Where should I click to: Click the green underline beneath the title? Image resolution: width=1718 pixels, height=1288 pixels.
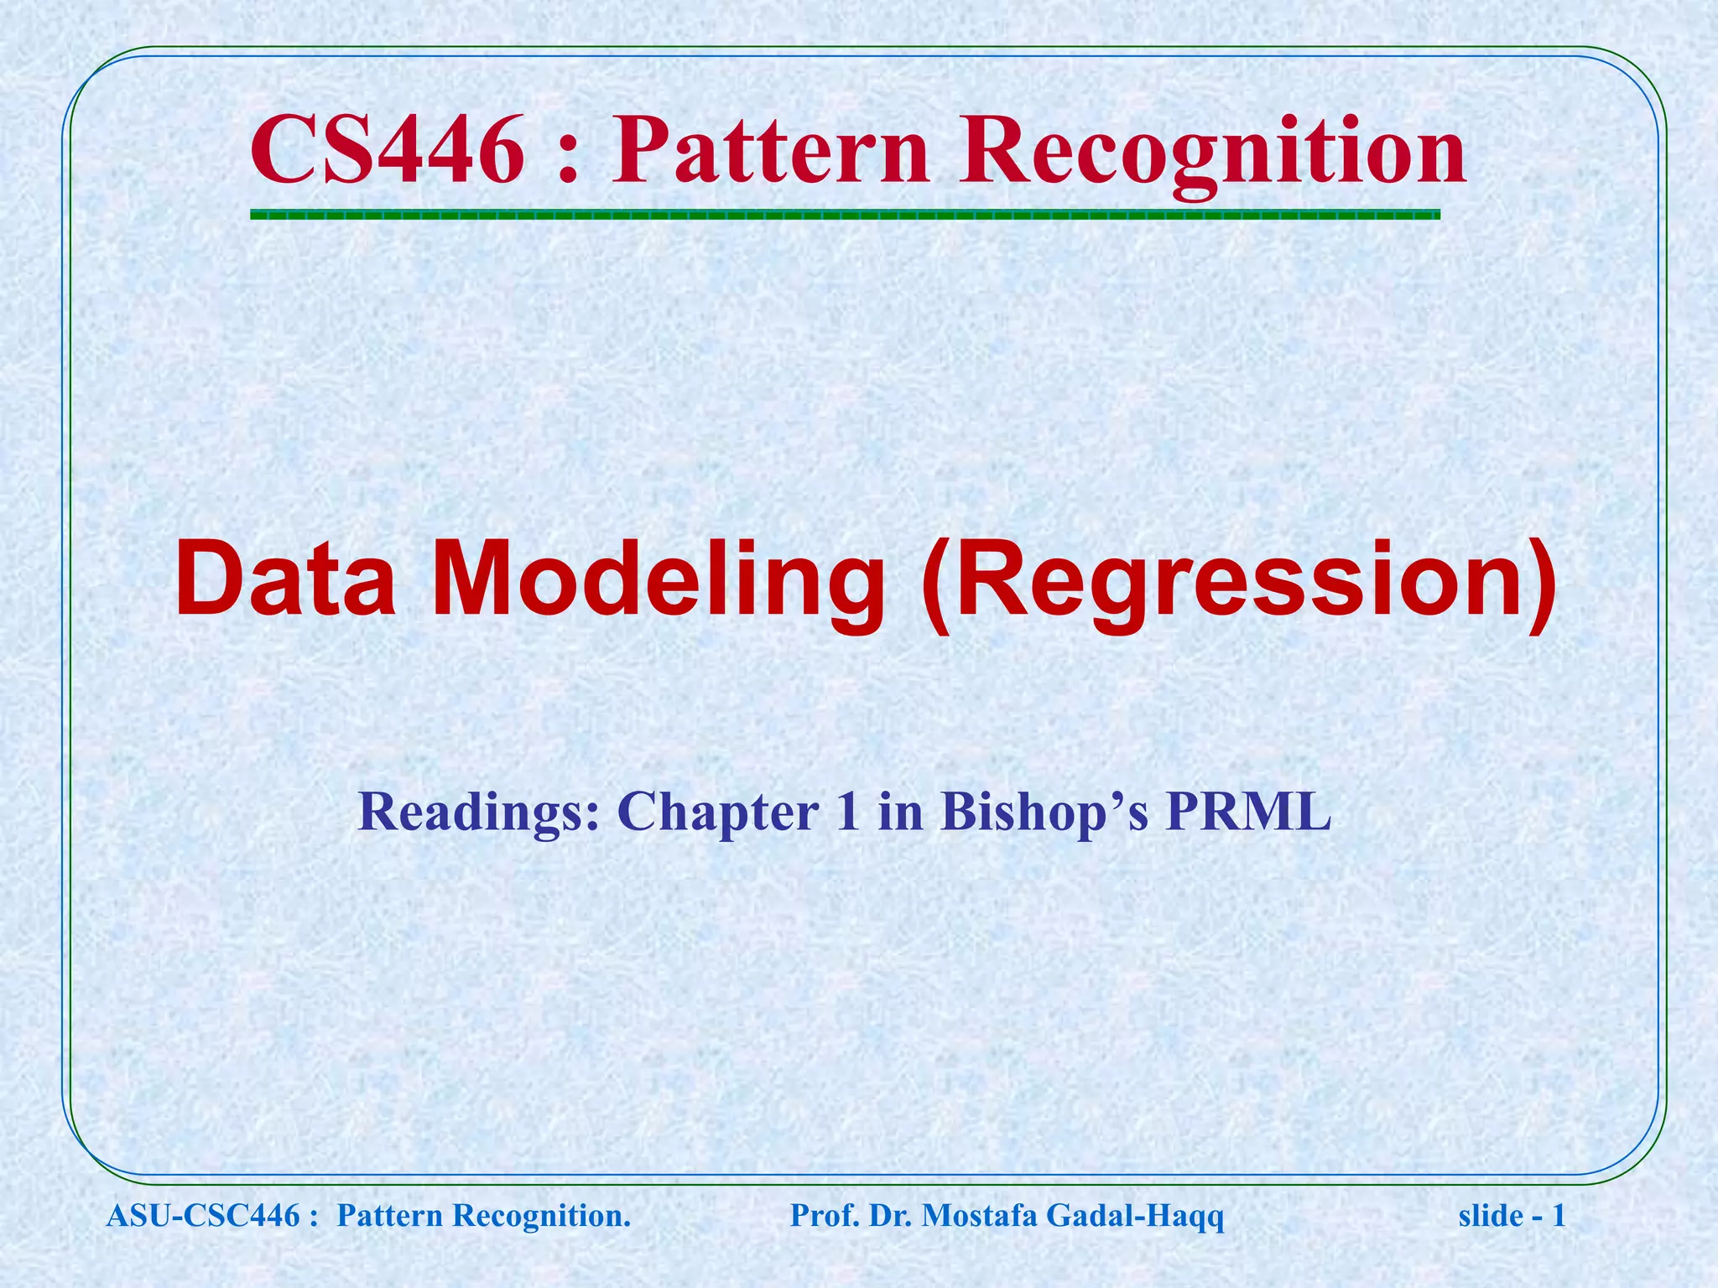tap(845, 216)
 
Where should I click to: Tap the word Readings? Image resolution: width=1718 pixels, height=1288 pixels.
tap(479, 812)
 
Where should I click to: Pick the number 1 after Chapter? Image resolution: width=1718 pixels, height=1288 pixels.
tap(847, 812)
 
